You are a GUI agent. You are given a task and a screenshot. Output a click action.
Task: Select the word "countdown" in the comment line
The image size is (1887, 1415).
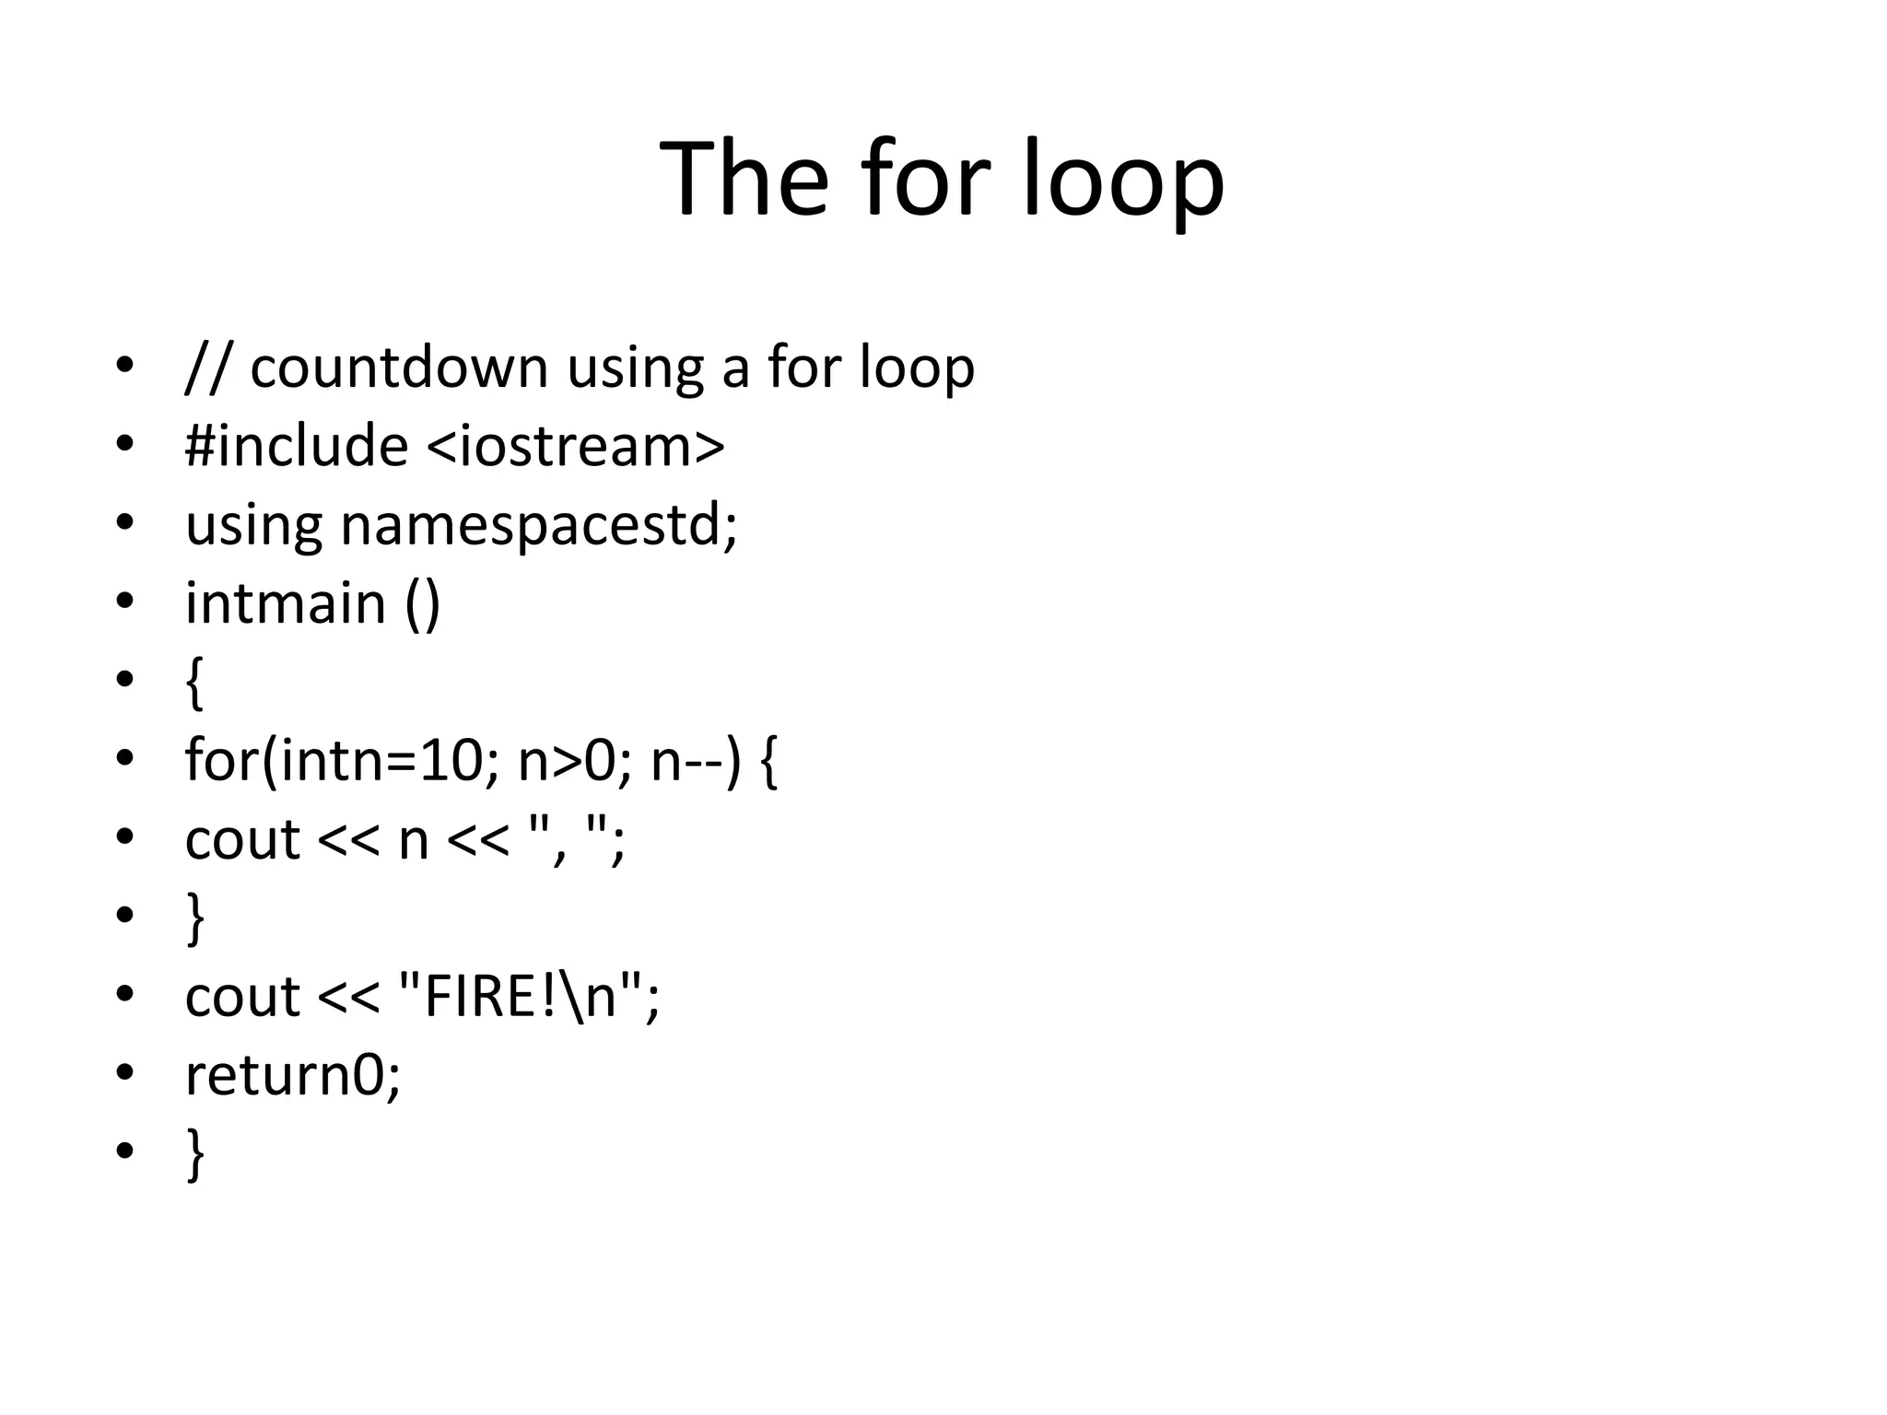click(398, 368)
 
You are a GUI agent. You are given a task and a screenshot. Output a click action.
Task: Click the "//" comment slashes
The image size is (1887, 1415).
click(205, 368)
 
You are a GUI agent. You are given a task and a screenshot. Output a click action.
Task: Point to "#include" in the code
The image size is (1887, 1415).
click(297, 446)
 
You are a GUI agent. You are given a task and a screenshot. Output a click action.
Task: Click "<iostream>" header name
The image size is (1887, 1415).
click(576, 446)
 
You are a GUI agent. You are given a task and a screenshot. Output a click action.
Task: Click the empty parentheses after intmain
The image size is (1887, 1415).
click(423, 605)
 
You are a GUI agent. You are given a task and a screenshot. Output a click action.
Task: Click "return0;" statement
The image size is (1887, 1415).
click(293, 1075)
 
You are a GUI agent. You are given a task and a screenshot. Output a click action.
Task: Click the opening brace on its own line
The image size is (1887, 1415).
click(193, 684)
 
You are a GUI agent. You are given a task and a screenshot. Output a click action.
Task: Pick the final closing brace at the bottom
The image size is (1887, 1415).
click(194, 1153)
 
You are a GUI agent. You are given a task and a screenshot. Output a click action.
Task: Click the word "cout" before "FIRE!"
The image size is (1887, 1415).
click(242, 997)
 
